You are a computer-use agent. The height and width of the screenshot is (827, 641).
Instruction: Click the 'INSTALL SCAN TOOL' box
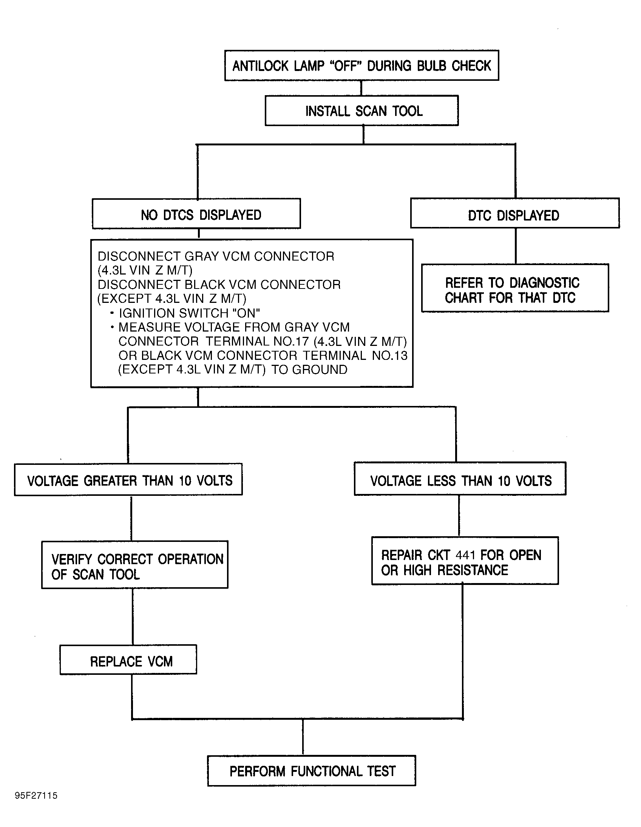[x=361, y=111]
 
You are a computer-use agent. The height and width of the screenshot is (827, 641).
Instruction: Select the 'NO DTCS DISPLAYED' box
[x=196, y=214]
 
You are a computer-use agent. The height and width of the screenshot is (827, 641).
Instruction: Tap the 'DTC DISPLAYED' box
[x=515, y=213]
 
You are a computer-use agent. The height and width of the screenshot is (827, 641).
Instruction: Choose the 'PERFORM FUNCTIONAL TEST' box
[x=311, y=771]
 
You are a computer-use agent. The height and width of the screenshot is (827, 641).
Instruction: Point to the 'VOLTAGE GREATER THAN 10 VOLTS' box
[x=128, y=479]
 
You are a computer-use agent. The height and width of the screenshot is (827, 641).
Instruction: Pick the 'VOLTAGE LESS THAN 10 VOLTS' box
[x=460, y=478]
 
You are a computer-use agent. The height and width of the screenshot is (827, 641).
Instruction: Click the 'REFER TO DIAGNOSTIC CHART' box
[x=515, y=288]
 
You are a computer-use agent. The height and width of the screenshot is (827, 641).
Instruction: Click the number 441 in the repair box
[x=466, y=555]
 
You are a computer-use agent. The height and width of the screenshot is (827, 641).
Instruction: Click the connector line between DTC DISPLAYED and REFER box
[x=516, y=246]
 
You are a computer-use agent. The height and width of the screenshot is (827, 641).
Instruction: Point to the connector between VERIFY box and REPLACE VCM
[x=133, y=616]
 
